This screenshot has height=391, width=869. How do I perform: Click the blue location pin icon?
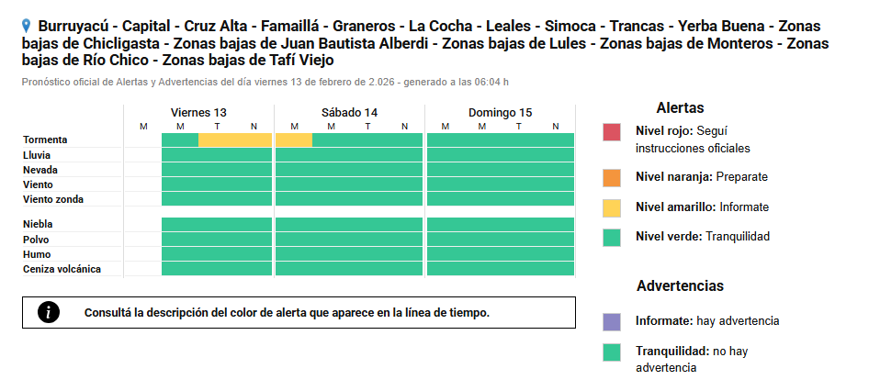(27, 27)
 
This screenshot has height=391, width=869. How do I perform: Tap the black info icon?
(49, 312)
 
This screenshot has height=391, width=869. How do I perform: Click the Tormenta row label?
(45, 140)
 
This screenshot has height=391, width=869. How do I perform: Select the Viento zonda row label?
(53, 199)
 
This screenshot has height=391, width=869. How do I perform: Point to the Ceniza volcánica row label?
(62, 269)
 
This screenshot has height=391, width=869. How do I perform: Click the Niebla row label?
(38, 224)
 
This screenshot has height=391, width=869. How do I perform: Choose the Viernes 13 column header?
(198, 112)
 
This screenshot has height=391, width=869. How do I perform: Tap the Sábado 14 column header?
(349, 112)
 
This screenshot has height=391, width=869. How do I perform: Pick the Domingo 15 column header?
(501, 112)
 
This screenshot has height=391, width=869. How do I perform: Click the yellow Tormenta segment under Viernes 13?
(235, 140)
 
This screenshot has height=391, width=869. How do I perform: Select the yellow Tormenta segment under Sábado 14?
(294, 140)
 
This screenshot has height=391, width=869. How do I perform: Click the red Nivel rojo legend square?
(613, 131)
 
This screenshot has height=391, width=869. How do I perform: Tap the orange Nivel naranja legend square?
(613, 177)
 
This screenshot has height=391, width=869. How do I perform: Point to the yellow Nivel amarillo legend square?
(613, 207)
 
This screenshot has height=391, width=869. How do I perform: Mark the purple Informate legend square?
(613, 321)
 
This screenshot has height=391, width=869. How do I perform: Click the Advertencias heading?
(680, 285)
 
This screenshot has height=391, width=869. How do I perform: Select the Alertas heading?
(680, 107)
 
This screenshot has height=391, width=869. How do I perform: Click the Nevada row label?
(41, 170)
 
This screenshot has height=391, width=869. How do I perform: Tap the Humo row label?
(37, 254)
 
